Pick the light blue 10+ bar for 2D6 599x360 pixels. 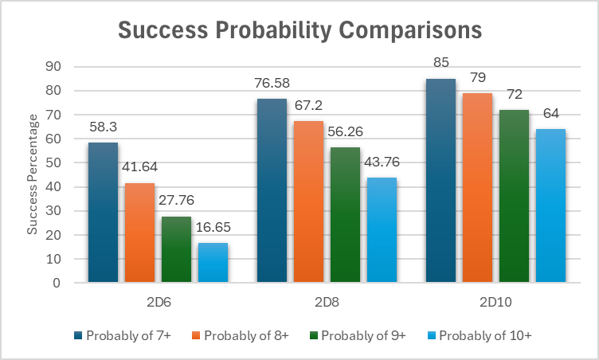(x=213, y=263)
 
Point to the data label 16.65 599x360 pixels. (x=213, y=229)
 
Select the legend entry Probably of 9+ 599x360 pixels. (x=362, y=335)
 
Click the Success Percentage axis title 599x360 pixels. (x=33, y=174)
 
